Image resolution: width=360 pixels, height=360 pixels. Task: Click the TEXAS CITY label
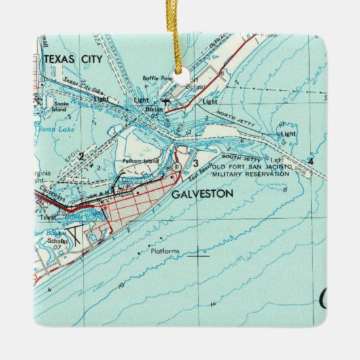[x=73, y=59]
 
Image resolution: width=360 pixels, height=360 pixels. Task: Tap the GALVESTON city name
[x=202, y=194]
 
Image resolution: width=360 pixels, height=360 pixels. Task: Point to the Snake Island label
[x=62, y=105]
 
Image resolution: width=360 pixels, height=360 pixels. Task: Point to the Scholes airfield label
[x=58, y=240]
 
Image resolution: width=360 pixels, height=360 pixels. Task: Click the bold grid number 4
[x=310, y=161]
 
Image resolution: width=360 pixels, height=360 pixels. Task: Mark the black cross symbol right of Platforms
[x=198, y=256]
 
